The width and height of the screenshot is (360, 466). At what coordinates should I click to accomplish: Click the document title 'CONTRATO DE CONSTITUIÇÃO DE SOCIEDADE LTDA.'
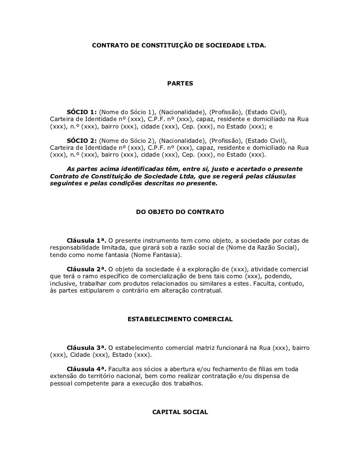tap(179, 45)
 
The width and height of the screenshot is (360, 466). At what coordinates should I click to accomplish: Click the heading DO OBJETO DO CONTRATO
tap(180, 212)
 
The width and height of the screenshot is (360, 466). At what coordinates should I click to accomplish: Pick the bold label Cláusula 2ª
tap(87, 268)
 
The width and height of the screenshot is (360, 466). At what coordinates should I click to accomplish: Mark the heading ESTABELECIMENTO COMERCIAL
tap(180, 320)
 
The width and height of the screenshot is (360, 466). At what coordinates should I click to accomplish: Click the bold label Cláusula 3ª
tap(87, 348)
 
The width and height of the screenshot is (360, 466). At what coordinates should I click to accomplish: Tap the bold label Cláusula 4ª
tap(87, 369)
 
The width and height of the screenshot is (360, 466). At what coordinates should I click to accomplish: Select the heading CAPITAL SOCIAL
tap(180, 411)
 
